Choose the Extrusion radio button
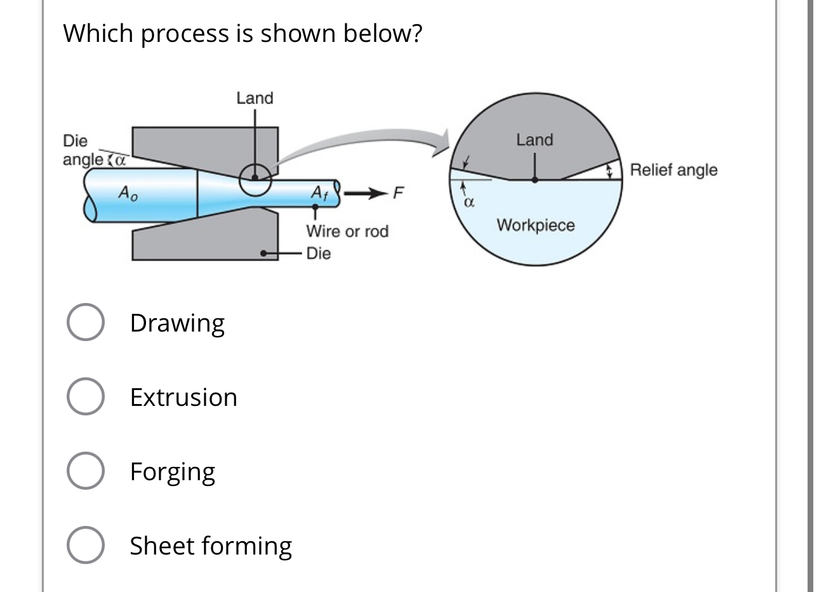(85, 397)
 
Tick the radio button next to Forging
(85, 471)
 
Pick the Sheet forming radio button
(85, 546)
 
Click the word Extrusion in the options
(183, 398)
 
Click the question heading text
(242, 33)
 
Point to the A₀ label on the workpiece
(127, 192)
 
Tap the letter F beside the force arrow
(398, 192)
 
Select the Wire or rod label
(347, 231)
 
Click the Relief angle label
(674, 170)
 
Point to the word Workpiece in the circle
(536, 225)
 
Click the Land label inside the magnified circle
(535, 140)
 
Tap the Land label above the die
(255, 98)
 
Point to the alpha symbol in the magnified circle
(469, 203)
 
